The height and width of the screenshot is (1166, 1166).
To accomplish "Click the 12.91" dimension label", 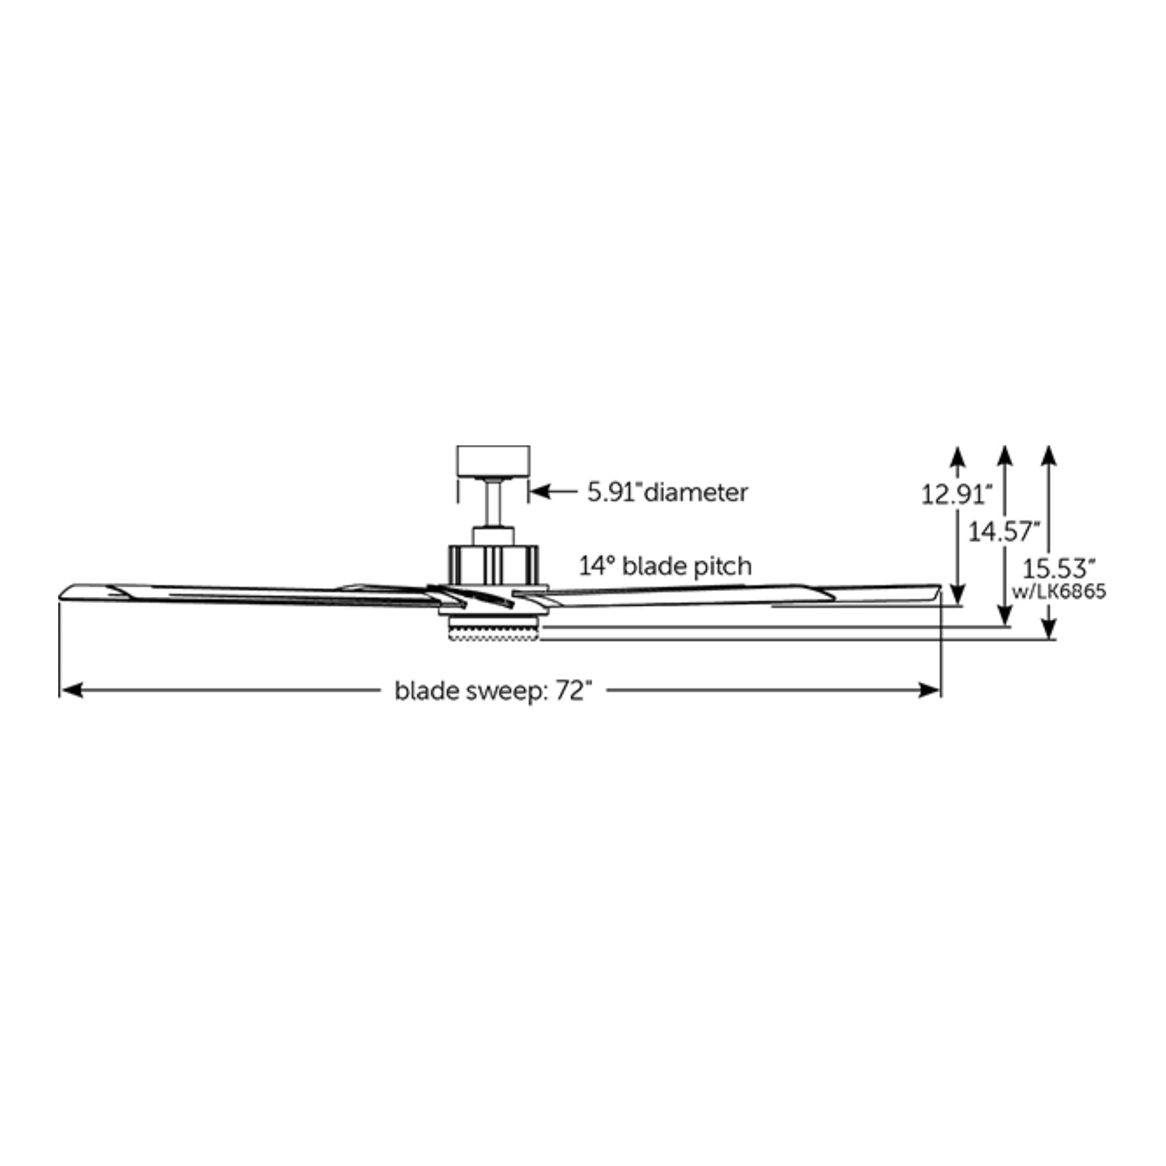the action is pyautogui.click(x=957, y=496).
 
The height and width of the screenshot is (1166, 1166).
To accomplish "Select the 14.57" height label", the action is pyautogui.click(x=1005, y=532).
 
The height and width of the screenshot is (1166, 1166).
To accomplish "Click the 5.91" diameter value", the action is pyautogui.click(x=614, y=493).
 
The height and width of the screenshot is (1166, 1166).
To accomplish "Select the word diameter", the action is pyautogui.click(x=696, y=493).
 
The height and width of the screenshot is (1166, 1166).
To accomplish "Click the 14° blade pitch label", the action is pyautogui.click(x=666, y=566).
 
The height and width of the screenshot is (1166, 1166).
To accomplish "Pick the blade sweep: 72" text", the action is pyautogui.click(x=490, y=691).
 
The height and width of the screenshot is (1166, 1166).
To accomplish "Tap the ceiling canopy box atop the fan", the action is pyautogui.click(x=493, y=461).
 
